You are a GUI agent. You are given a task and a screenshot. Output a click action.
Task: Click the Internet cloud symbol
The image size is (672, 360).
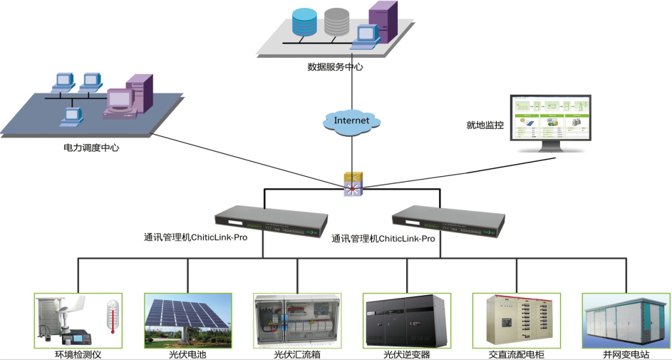point(352,120)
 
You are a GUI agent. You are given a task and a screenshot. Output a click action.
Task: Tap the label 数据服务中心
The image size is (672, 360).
point(336,67)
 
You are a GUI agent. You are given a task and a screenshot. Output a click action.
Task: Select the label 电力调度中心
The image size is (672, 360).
point(91,148)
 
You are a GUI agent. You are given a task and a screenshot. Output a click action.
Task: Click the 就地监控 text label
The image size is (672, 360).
point(485,125)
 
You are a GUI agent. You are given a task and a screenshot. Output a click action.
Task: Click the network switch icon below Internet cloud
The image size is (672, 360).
point(353,183)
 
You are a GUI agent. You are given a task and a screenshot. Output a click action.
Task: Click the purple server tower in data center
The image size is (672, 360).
point(383,22)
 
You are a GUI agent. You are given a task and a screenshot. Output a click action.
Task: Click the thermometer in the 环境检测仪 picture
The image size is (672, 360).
point(112,317)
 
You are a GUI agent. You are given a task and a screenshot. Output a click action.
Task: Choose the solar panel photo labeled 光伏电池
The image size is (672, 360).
point(188,320)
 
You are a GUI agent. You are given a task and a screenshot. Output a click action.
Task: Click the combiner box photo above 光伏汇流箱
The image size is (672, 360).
point(297,320)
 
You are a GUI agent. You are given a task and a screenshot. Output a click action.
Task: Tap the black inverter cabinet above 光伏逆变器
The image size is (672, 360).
point(407,320)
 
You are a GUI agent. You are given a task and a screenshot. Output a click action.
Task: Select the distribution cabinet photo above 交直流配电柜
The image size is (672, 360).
point(516,320)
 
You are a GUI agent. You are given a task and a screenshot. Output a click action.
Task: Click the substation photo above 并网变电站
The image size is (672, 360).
point(626,320)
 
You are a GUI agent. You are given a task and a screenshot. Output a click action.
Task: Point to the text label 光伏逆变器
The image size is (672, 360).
point(407,354)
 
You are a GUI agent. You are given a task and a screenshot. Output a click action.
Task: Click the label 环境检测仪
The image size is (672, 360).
point(78,354)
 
